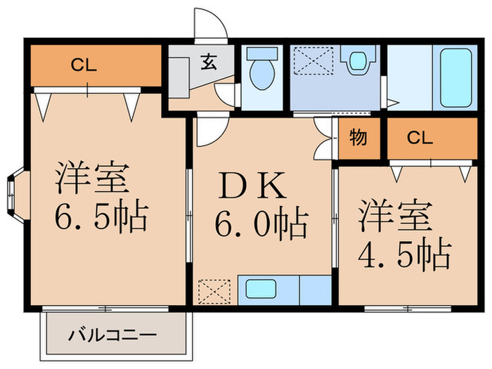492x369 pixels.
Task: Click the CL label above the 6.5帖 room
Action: click(x=82, y=67)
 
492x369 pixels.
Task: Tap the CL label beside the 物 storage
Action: click(x=420, y=138)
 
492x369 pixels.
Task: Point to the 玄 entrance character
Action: click(x=209, y=58)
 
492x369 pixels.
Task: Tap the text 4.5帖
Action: click(x=403, y=255)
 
